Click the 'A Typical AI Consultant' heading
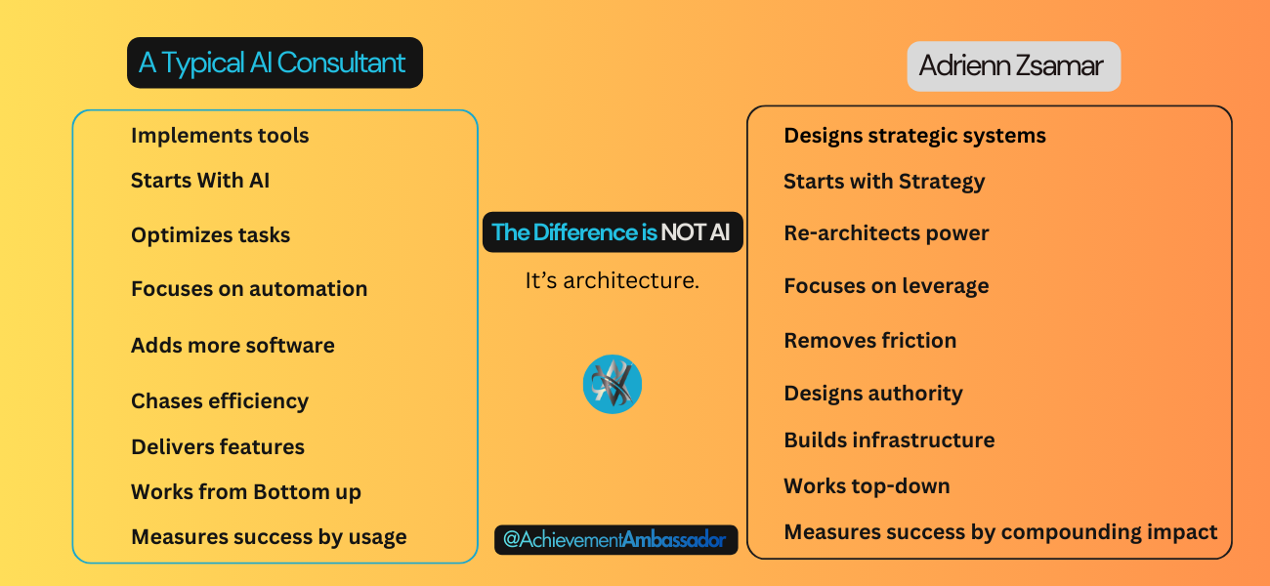pyautogui.click(x=275, y=63)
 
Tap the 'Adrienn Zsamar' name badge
pyautogui.click(x=1014, y=66)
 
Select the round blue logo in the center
pyautogui.click(x=613, y=384)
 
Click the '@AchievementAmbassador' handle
pyautogui.click(x=615, y=539)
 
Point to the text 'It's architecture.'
pyautogui.click(x=613, y=280)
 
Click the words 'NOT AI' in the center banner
pyautogui.click(x=696, y=232)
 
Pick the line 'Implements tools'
pyautogui.click(x=220, y=136)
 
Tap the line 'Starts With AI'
pyautogui.click(x=200, y=181)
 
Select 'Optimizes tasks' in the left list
pyautogui.click(x=210, y=235)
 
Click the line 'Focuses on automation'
pyautogui.click(x=249, y=288)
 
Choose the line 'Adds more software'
pyautogui.click(x=233, y=345)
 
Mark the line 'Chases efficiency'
pyautogui.click(x=220, y=400)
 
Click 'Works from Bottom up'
pyautogui.click(x=246, y=492)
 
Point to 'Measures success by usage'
pyautogui.click(x=269, y=537)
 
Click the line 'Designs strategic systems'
pyautogui.click(x=915, y=136)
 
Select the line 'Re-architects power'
pyautogui.click(x=887, y=232)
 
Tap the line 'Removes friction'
pyautogui.click(x=870, y=340)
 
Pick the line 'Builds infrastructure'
pyautogui.click(x=890, y=439)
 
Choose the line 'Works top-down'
pyautogui.click(x=867, y=486)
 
